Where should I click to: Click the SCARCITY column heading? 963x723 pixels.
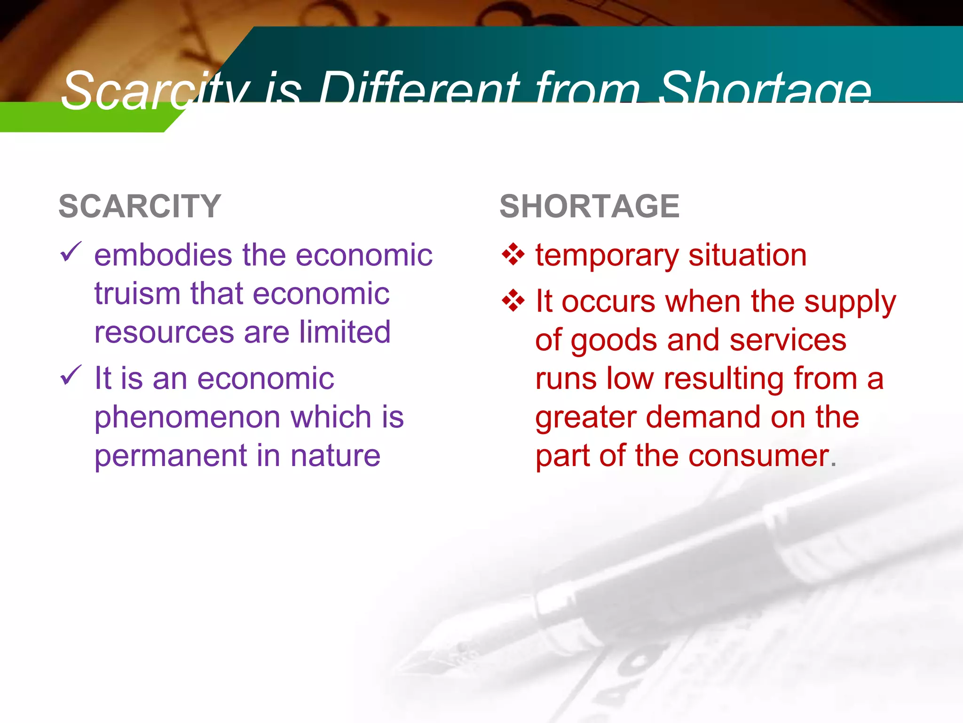pyautogui.click(x=140, y=206)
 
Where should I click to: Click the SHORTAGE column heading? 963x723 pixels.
pyautogui.click(x=589, y=206)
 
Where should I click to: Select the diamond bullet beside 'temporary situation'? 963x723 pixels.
pyautogui.click(x=513, y=255)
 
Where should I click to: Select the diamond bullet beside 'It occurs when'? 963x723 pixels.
pyautogui.click(x=513, y=301)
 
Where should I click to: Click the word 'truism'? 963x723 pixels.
pyautogui.click(x=137, y=294)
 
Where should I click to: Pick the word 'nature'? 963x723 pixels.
pyautogui.click(x=335, y=456)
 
